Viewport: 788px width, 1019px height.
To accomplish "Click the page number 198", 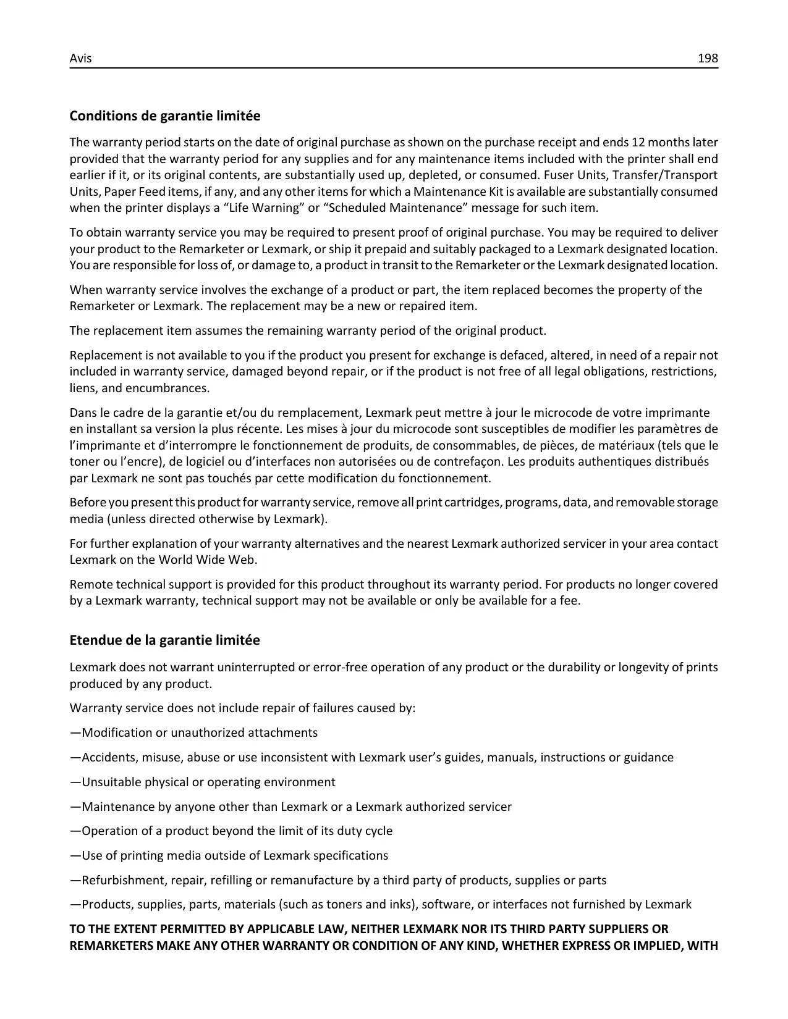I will [x=708, y=58].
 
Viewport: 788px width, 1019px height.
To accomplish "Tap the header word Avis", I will [x=80, y=58].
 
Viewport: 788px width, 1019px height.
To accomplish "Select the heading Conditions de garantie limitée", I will [x=164, y=116].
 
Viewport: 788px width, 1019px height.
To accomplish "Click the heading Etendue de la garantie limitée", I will [x=164, y=640].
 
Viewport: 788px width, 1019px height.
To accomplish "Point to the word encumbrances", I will [x=167, y=388].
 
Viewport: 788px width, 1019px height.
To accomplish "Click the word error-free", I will [x=341, y=668].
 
